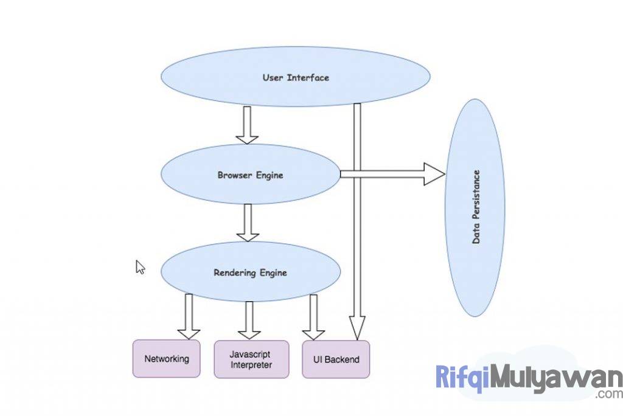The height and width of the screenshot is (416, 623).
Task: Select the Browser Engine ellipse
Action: point(250,175)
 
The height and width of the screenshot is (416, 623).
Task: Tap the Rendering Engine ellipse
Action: point(250,273)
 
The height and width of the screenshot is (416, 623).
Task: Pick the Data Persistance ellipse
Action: point(475,207)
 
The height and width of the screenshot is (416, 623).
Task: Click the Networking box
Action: point(166,359)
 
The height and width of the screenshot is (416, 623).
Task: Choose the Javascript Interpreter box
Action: point(251,359)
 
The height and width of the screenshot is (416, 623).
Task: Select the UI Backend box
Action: point(335,359)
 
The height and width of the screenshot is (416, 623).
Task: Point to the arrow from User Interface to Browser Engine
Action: point(247,125)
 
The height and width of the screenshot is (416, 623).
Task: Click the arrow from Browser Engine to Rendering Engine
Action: point(247,222)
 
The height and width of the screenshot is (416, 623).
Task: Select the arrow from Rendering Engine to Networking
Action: point(189,316)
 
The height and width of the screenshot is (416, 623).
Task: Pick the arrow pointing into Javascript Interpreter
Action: point(249,320)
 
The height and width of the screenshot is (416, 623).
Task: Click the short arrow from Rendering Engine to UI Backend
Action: point(313,317)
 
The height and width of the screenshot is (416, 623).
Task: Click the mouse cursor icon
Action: point(140,267)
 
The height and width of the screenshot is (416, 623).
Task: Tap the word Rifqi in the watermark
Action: point(462,377)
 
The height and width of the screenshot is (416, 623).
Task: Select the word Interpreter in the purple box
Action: point(251,365)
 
